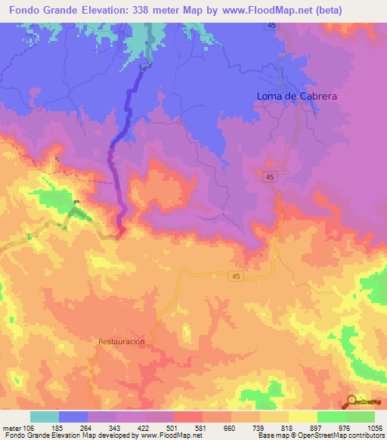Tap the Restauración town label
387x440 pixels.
(x=121, y=342)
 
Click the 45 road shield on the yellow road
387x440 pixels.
(x=236, y=277)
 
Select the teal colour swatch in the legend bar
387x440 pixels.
(x=45, y=417)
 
